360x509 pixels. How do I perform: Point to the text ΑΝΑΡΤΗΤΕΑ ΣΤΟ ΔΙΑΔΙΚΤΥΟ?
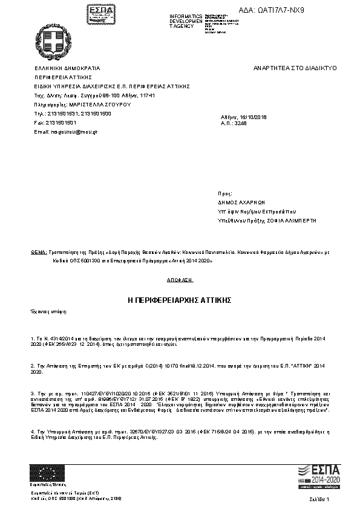click(x=295, y=68)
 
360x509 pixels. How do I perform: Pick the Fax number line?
click(x=56, y=122)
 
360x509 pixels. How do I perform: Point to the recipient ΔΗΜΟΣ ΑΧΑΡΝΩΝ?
click(x=241, y=203)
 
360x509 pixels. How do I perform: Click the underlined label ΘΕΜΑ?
click(x=39, y=250)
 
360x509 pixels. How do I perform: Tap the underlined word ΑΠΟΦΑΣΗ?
click(x=180, y=280)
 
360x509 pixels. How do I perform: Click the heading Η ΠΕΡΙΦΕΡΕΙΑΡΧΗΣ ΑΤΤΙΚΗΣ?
click(x=180, y=300)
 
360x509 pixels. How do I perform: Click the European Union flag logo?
click(x=47, y=472)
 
